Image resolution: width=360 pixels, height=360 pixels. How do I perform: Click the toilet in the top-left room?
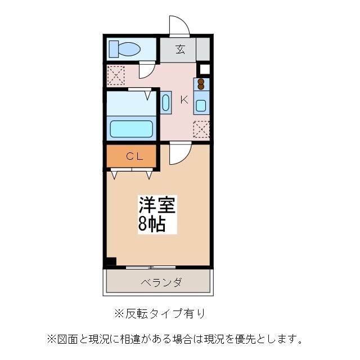pyautogui.click(x=125, y=49)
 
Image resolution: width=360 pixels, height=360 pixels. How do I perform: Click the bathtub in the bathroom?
pyautogui.click(x=132, y=128)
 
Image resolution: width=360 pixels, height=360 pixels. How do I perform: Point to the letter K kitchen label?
pyautogui.click(x=183, y=100)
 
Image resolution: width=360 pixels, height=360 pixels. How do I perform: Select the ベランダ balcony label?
pyautogui.click(x=160, y=282)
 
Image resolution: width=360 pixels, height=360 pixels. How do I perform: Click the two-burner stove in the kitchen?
pyautogui.click(x=201, y=84)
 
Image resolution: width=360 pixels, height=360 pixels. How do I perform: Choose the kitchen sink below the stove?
pyautogui.click(x=201, y=105)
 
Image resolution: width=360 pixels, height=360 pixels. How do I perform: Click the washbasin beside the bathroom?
pyautogui.click(x=166, y=103)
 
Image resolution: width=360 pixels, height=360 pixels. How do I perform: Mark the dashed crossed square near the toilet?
pyautogui.click(x=116, y=74)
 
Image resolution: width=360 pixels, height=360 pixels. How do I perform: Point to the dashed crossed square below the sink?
pyautogui.click(x=201, y=129)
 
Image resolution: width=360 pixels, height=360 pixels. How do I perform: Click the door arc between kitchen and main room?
pyautogui.click(x=181, y=154)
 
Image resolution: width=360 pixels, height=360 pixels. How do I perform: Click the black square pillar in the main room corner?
pyautogui.click(x=111, y=262)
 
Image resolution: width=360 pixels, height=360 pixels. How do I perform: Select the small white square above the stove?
pyautogui.click(x=205, y=70)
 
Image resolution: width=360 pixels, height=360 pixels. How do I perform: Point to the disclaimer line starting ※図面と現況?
pyautogui.click(x=175, y=339)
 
